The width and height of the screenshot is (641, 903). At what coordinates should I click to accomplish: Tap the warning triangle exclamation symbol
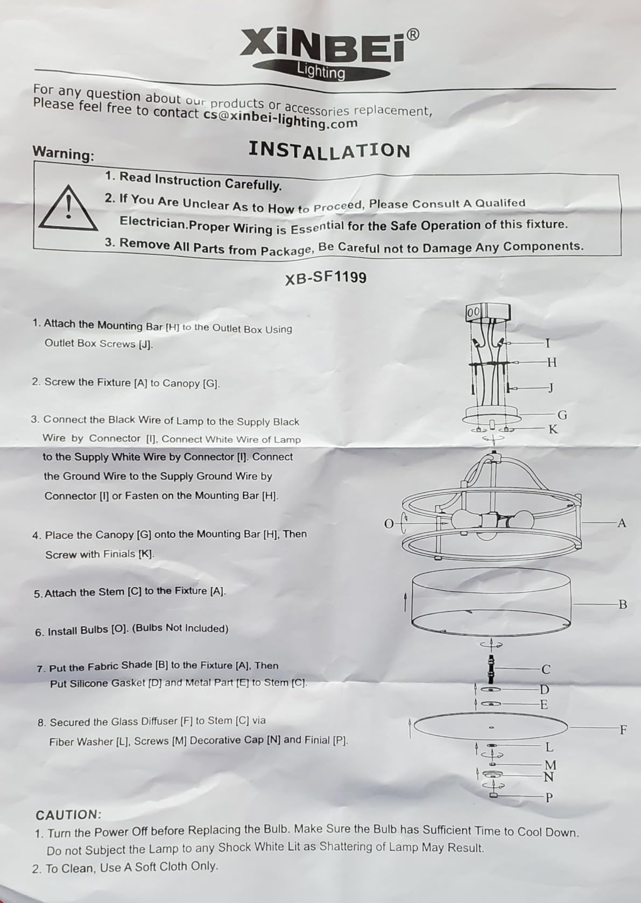coord(68,209)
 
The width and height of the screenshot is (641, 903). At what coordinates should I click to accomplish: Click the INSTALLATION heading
coord(329,150)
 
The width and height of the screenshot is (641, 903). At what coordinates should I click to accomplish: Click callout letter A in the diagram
coord(622,523)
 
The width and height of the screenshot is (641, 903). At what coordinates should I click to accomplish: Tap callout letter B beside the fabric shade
coord(623,604)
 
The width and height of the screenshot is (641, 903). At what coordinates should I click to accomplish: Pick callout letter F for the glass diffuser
coord(623,730)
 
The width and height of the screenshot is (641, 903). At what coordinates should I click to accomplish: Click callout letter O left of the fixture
coord(389,524)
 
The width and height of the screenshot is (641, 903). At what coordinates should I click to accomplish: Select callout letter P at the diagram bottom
coord(549,798)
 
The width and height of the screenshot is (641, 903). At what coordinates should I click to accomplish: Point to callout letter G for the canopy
coord(562,415)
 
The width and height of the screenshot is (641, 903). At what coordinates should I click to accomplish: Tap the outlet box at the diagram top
coord(488,312)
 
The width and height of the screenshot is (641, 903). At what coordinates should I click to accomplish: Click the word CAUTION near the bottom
coord(68,815)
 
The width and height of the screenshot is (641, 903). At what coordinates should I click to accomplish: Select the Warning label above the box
coord(63,153)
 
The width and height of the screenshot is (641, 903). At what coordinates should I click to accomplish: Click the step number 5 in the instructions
coord(37,594)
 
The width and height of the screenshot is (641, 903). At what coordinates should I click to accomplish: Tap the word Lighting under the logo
coord(321,71)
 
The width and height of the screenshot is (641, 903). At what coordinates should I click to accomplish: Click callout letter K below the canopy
coord(553,429)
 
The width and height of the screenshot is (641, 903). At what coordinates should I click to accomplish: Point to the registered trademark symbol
coord(412,34)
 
